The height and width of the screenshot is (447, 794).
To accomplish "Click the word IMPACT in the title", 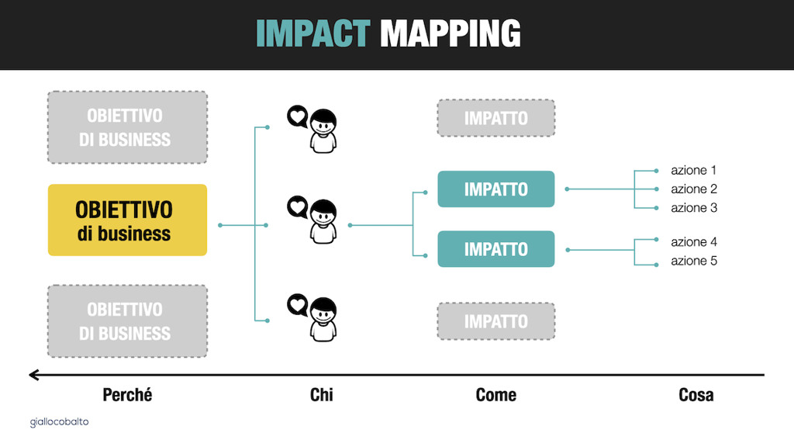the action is coord(313,33).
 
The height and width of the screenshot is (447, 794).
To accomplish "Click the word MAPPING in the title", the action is coord(451,33).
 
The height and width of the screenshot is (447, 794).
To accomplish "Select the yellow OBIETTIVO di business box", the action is coord(128,220).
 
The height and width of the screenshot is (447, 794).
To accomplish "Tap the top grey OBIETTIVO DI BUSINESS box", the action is coord(128,127).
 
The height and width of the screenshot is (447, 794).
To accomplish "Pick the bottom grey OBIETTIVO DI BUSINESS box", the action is coord(128,321).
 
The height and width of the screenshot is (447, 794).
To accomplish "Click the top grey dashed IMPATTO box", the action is coord(496,118).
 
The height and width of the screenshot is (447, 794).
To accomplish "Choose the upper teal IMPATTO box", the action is coord(496,189).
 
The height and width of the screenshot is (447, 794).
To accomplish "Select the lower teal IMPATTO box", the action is coord(496,249).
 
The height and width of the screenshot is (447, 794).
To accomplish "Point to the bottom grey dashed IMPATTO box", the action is coord(496,321).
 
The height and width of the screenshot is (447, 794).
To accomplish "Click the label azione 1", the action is coord(694,170).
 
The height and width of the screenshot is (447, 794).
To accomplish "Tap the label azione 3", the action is coord(694,208).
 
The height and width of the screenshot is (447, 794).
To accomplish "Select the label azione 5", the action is coord(694,261).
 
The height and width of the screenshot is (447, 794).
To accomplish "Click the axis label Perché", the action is coord(127,395).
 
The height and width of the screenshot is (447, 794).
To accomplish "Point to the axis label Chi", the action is coord(322,395).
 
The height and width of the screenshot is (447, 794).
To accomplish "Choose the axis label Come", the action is coord(496,395).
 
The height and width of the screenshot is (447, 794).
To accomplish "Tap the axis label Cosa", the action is coord(696,395).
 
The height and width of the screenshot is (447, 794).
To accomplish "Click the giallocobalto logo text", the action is coord(59,421).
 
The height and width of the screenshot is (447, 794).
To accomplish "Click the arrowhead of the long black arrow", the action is coord(34,375).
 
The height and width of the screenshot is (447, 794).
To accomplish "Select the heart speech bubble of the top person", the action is coord(297,116).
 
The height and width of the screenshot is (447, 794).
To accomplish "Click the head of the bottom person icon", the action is coord(323,310).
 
